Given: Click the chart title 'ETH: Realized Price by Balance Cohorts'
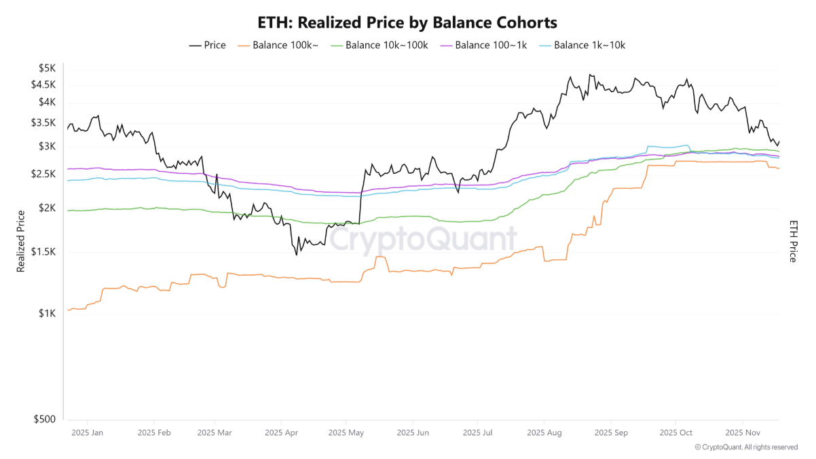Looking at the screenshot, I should click(x=407, y=22).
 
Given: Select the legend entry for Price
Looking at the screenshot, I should click(x=207, y=45).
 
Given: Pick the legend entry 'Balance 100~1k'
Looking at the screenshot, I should click(x=484, y=45).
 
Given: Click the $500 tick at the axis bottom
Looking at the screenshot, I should click(x=45, y=420).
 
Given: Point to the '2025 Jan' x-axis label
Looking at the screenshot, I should click(x=87, y=433).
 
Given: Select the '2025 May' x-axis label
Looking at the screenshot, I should click(x=346, y=433).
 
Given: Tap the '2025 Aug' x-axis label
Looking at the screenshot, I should click(x=544, y=433).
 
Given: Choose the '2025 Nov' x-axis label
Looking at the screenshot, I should click(x=743, y=433).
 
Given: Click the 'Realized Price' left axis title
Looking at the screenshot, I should click(x=20, y=241).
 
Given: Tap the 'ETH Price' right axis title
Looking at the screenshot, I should click(x=792, y=241).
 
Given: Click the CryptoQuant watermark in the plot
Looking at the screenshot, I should click(x=423, y=239).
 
